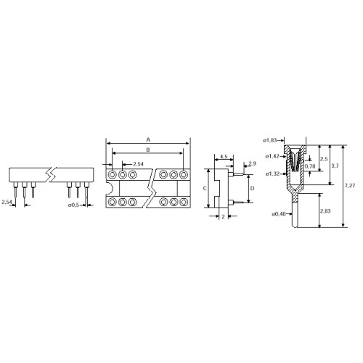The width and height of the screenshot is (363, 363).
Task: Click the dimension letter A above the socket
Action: pos(148,137)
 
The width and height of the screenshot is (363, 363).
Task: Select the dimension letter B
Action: pos(148,150)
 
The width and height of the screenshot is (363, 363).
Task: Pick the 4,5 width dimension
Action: pos(224,156)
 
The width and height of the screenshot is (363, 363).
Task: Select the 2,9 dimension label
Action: pos(251,164)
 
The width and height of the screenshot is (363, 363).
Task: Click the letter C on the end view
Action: pos(205,188)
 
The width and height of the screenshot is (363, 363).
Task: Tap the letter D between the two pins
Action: pos(252,188)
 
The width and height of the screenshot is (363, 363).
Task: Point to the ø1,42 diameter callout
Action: pos(272,155)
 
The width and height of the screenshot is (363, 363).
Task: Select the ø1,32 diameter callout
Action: pos(272,174)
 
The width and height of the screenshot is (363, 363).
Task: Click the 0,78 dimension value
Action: pos(311,167)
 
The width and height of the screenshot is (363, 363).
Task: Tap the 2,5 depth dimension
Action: pos(323,158)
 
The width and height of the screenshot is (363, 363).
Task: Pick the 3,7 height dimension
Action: pos(336,166)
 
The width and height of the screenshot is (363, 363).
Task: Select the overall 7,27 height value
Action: pos(351,187)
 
